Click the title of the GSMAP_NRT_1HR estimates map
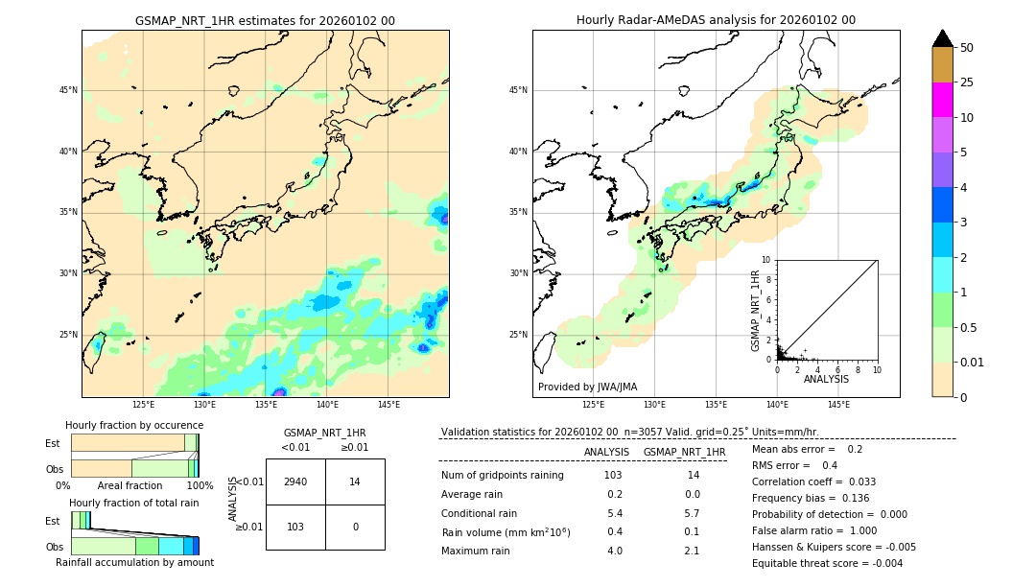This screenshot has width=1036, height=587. pos(265,21)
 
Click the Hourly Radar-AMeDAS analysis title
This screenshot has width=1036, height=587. pos(716,20)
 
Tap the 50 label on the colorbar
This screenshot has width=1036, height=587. pos(967,48)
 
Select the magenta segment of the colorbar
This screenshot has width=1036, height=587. pos(942,100)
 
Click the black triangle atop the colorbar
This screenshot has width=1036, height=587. pos(942,38)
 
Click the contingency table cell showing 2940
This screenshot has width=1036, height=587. pos(295,481)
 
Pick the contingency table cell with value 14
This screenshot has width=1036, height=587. pos(355,481)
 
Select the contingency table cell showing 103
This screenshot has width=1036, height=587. pos(295,527)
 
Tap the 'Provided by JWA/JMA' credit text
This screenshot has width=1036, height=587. pos(587,387)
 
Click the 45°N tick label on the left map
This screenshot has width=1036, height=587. pos(68,90)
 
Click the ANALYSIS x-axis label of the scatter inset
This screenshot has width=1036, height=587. pos(826,379)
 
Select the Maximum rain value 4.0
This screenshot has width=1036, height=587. pos(614,551)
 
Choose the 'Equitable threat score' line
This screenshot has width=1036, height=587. pos(827,563)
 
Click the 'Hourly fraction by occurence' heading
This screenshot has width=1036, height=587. pos(134,425)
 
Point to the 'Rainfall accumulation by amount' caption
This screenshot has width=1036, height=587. pos(134,563)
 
